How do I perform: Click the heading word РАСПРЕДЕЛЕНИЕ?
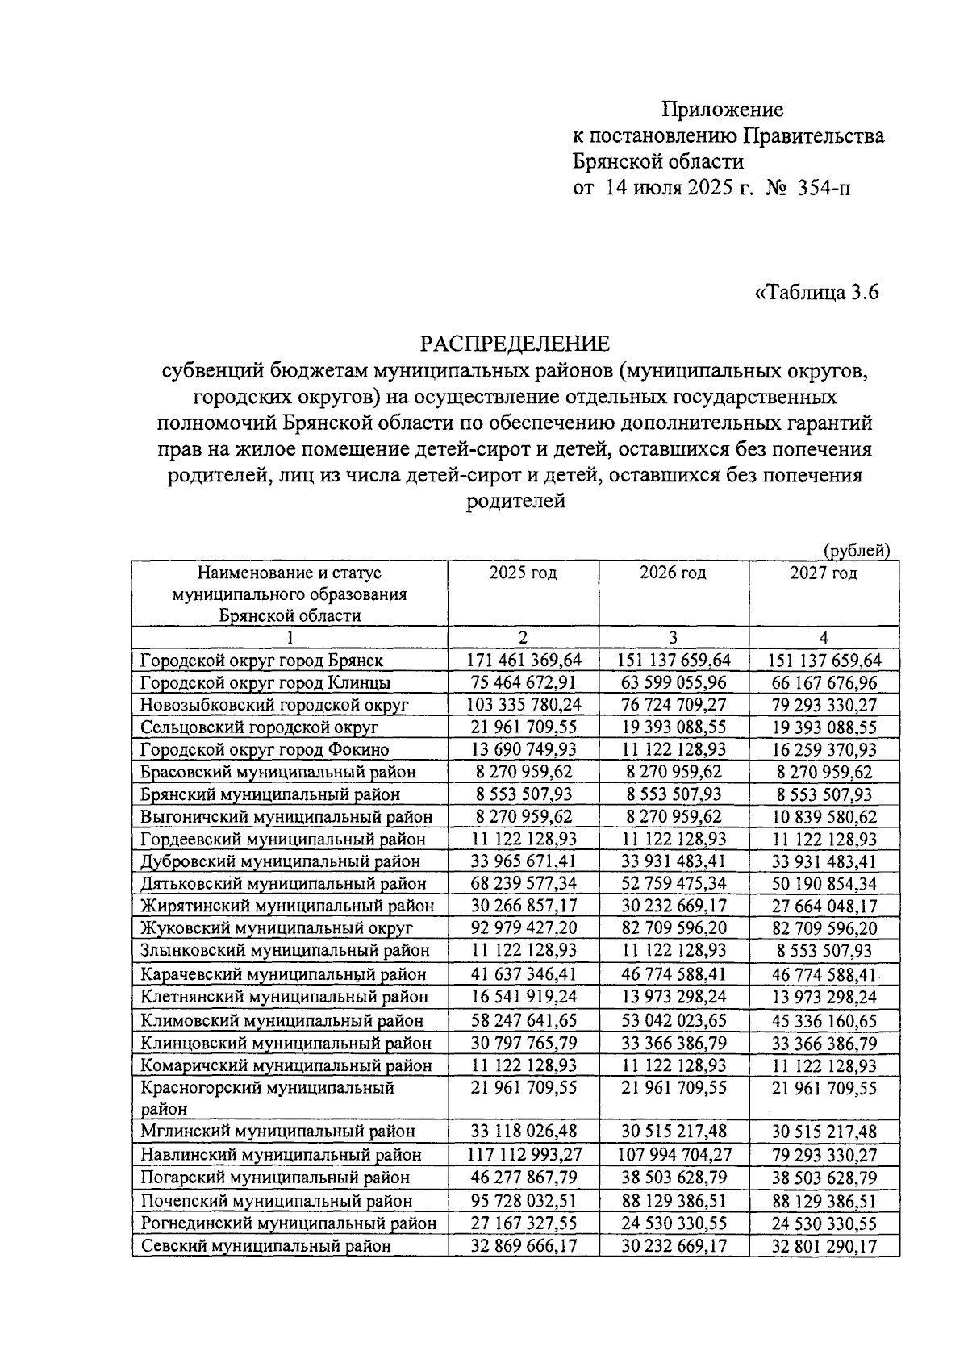(515, 344)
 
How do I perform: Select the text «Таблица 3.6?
(816, 291)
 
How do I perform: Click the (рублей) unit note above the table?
(856, 550)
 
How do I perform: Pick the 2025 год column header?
(523, 573)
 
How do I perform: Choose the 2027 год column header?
(824, 573)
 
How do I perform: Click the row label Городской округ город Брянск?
(261, 660)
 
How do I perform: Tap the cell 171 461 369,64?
(524, 660)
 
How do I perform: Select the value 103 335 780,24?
(524, 704)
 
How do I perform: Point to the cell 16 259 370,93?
(824, 749)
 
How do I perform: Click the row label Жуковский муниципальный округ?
(277, 927)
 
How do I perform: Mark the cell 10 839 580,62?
(824, 816)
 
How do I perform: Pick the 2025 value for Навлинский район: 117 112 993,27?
(524, 1154)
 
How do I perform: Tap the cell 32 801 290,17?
(824, 1245)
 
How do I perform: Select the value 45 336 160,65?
(824, 1020)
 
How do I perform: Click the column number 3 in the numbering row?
(673, 637)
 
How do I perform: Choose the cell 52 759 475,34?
(673, 883)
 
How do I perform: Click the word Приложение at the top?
(722, 109)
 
